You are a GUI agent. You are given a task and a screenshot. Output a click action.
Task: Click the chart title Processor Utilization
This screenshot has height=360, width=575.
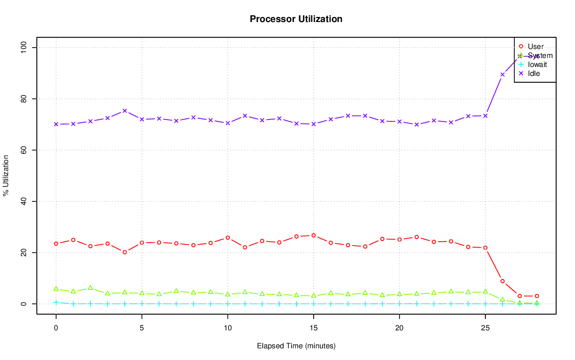click(296, 19)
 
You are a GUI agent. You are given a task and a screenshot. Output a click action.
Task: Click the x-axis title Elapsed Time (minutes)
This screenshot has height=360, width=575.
click(296, 346)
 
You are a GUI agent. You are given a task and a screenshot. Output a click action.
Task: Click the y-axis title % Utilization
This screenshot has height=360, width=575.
click(6, 175)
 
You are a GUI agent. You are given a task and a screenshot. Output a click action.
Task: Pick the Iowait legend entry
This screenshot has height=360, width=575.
click(537, 65)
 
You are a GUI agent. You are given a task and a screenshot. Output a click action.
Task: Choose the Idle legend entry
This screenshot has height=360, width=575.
click(534, 74)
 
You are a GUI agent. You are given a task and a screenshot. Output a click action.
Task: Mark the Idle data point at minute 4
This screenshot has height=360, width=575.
click(125, 111)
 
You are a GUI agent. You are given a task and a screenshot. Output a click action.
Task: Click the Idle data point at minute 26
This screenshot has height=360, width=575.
click(502, 75)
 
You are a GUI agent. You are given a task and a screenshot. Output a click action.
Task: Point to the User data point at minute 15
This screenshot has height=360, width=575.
click(314, 236)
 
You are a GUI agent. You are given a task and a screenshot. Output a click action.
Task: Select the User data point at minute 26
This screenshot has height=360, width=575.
click(502, 281)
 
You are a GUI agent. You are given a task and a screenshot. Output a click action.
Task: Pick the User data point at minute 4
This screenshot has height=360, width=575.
click(125, 252)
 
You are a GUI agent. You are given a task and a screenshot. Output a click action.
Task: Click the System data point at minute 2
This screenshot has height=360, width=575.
click(90, 288)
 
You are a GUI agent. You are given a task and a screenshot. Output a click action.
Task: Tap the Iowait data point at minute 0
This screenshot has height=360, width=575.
click(56, 302)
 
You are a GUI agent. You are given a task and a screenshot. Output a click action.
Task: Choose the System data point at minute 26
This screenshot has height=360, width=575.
click(502, 299)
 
